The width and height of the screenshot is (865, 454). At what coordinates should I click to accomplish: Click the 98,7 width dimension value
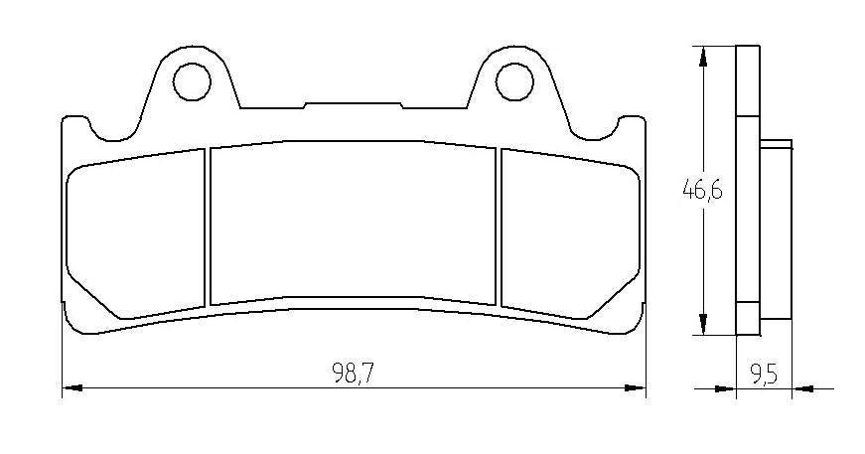pyautogui.click(x=353, y=374)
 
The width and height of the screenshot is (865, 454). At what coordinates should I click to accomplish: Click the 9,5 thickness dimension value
pyautogui.click(x=763, y=375)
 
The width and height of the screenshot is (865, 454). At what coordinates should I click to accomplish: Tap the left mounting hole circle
pyautogui.click(x=191, y=80)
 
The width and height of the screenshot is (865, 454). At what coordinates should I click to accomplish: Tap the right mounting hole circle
pyautogui.click(x=514, y=80)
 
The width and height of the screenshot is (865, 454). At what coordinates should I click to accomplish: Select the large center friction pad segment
pyautogui.click(x=353, y=221)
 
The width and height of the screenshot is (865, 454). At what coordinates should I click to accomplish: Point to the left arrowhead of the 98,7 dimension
pyautogui.click(x=70, y=386)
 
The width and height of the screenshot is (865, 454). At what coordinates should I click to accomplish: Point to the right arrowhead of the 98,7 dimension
pyautogui.click(x=639, y=386)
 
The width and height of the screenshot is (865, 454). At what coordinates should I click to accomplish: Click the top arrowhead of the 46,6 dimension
pyautogui.click(x=703, y=56)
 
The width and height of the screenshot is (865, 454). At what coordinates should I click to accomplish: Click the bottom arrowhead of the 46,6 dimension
pyautogui.click(x=703, y=326)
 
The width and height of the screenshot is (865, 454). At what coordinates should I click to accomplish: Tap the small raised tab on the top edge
pyautogui.click(x=353, y=104)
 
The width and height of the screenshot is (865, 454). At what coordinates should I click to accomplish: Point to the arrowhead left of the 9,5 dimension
pyautogui.click(x=728, y=387)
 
